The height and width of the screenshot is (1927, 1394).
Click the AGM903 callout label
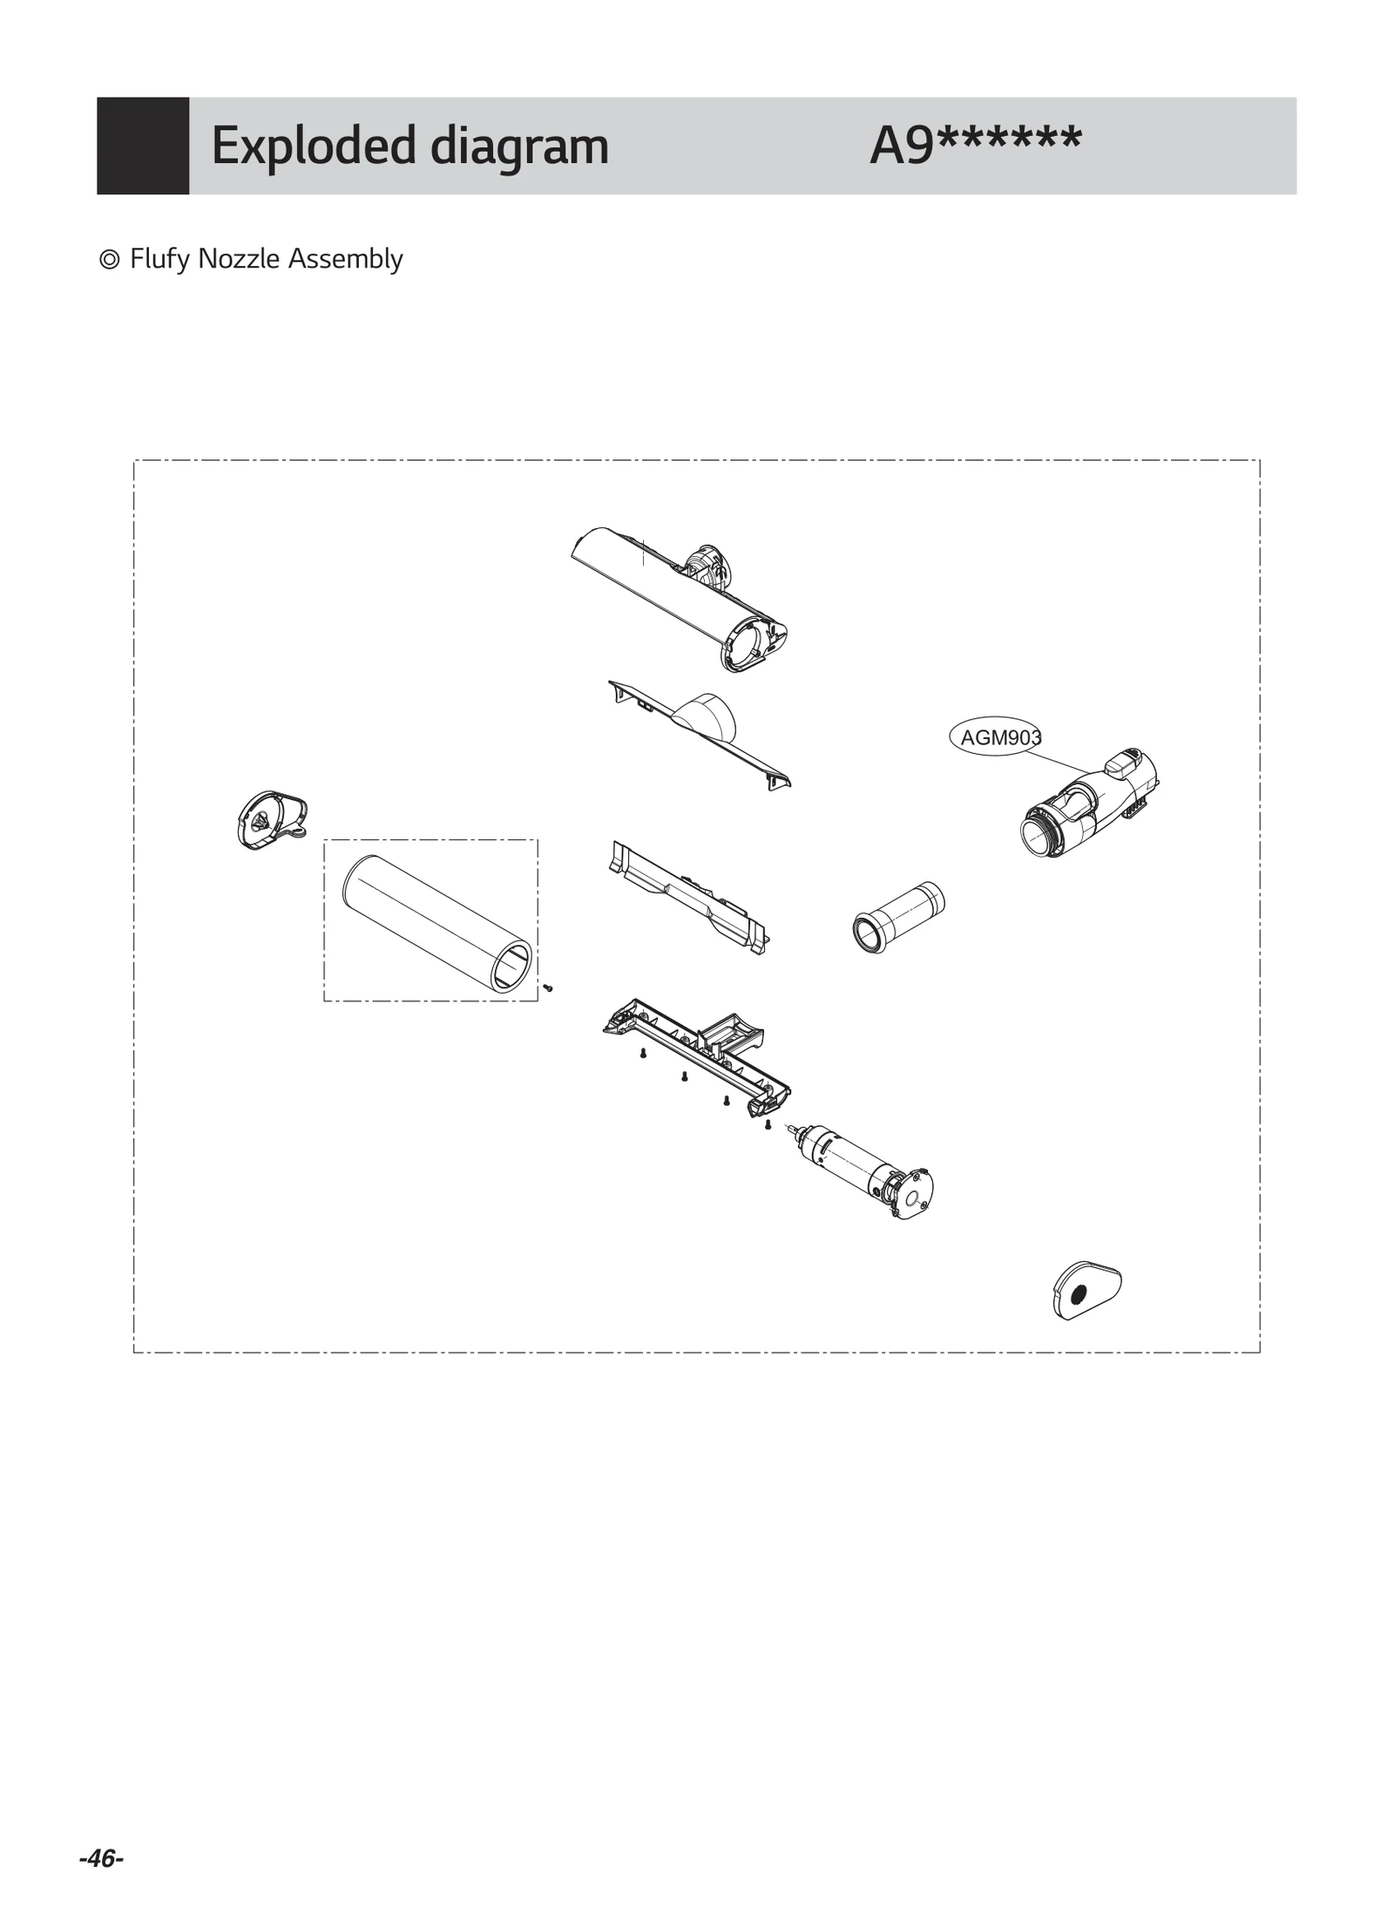(998, 737)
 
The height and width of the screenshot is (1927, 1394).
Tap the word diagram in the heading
(519, 146)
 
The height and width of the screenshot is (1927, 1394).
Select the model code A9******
(975, 144)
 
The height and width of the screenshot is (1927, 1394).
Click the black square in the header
(143, 146)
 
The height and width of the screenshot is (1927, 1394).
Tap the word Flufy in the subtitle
(160, 259)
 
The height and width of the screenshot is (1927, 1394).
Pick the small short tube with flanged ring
(897, 917)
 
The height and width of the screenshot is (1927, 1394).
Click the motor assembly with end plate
(863, 1170)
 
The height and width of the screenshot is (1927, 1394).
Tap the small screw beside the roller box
(548, 987)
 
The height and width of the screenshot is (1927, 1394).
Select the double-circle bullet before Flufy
(110, 260)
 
